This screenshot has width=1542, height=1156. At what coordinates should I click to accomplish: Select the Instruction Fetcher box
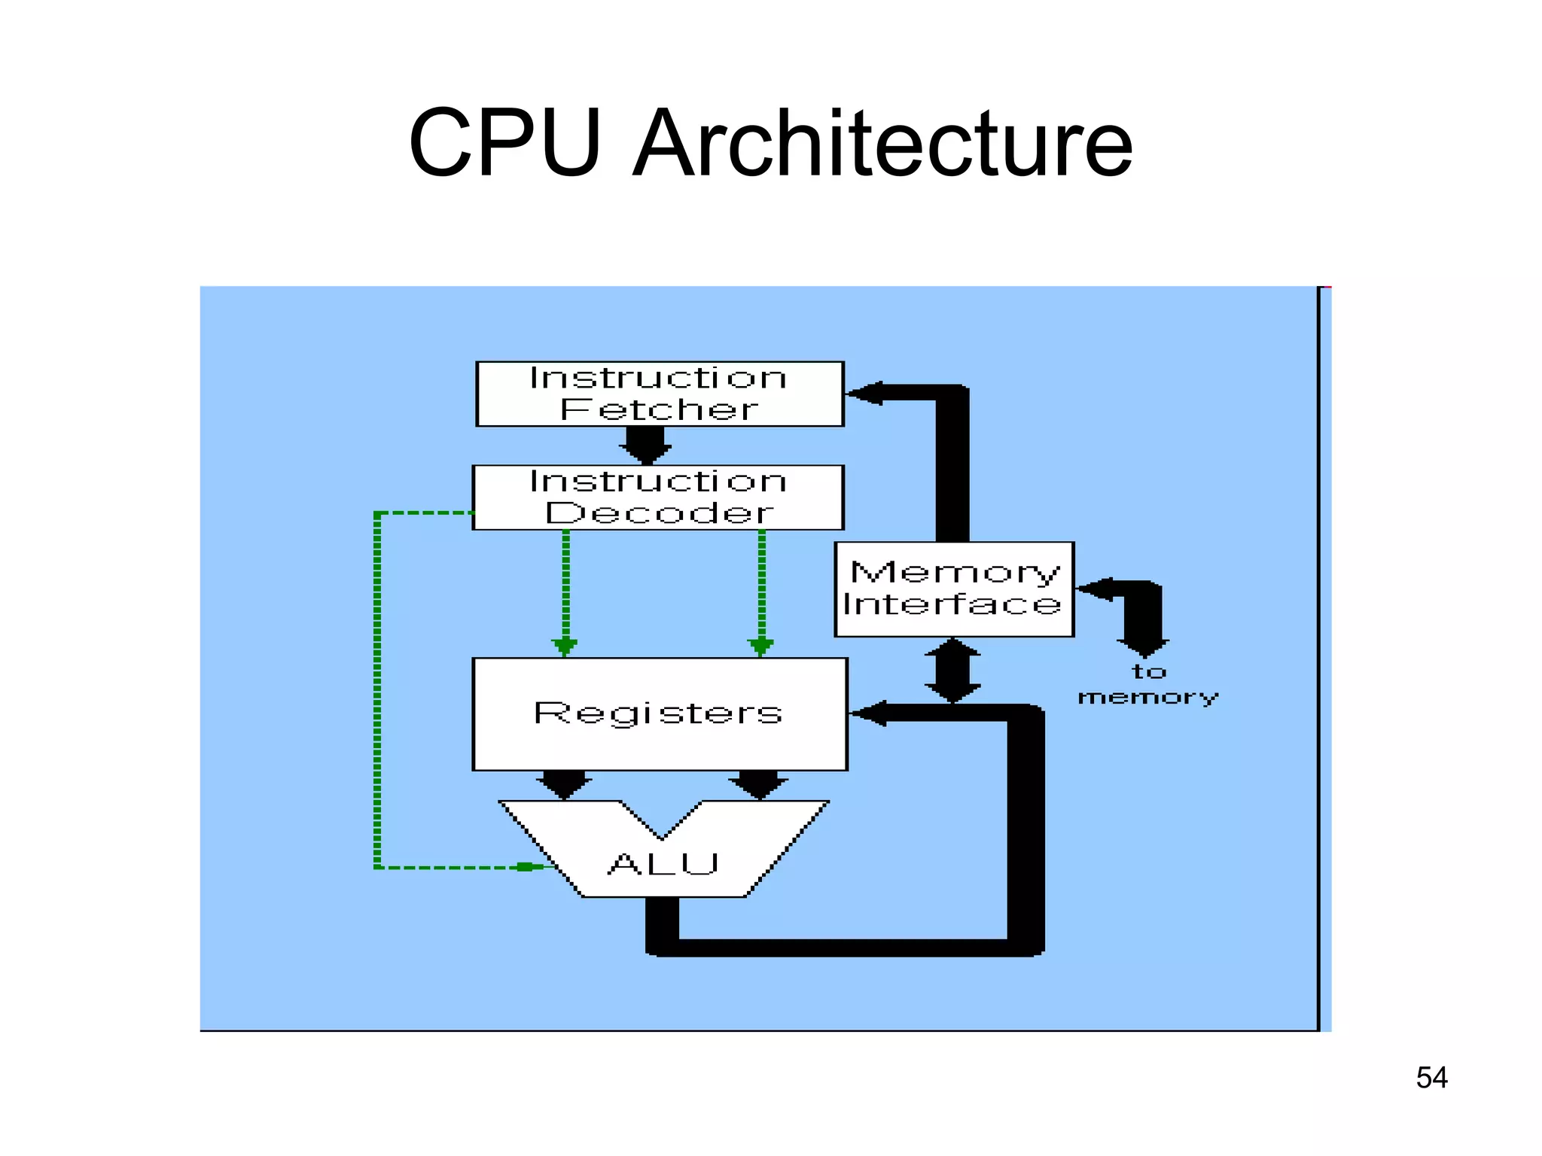[660, 394]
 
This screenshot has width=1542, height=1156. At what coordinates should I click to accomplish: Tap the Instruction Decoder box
[658, 497]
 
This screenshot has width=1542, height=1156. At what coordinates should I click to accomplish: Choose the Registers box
[660, 713]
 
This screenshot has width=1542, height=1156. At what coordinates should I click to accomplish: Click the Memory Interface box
[953, 589]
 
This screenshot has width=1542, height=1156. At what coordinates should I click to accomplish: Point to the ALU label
[663, 864]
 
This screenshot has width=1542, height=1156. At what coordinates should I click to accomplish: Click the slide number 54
[1431, 1078]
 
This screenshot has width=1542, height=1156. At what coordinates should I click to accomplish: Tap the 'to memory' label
[1147, 684]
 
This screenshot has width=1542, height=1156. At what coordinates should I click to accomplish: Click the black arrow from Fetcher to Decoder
[645, 445]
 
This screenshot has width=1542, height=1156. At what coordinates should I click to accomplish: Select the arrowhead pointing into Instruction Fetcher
[864, 393]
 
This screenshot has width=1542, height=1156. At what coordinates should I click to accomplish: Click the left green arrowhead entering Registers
[565, 646]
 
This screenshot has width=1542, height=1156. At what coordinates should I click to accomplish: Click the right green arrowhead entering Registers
[760, 646]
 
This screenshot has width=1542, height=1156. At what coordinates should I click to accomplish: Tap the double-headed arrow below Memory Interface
[952, 671]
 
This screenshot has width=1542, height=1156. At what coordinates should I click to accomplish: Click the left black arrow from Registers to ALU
[564, 784]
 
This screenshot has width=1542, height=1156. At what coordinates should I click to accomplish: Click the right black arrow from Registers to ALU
[759, 784]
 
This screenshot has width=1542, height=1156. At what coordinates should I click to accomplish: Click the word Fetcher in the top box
[660, 409]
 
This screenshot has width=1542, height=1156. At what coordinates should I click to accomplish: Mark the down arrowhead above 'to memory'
[1143, 647]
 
